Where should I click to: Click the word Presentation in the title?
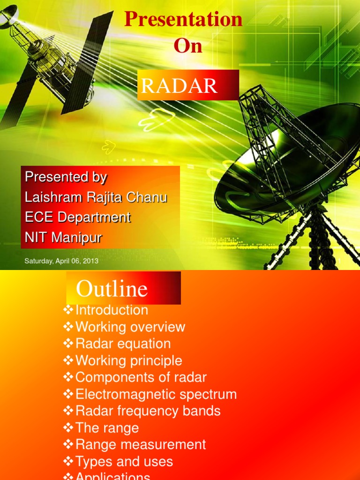[x=183, y=20]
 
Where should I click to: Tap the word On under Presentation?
[x=188, y=46]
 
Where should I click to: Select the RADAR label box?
[x=188, y=85]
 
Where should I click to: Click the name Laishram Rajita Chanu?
[x=96, y=197]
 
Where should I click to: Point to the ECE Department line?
[x=77, y=217]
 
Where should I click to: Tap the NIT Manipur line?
[x=63, y=238]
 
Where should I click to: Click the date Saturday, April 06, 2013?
[x=61, y=261]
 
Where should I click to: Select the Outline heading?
[x=112, y=289]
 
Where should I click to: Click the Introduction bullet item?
[x=112, y=310]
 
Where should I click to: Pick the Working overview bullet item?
[x=130, y=327]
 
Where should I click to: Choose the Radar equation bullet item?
[x=123, y=344]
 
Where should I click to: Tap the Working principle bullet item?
[x=128, y=361]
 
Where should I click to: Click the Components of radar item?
[x=141, y=377]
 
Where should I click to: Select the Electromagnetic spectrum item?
[x=156, y=394]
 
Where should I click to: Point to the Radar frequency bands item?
[x=148, y=411]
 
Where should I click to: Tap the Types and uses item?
[x=124, y=462]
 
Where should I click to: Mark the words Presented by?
[x=66, y=177]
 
